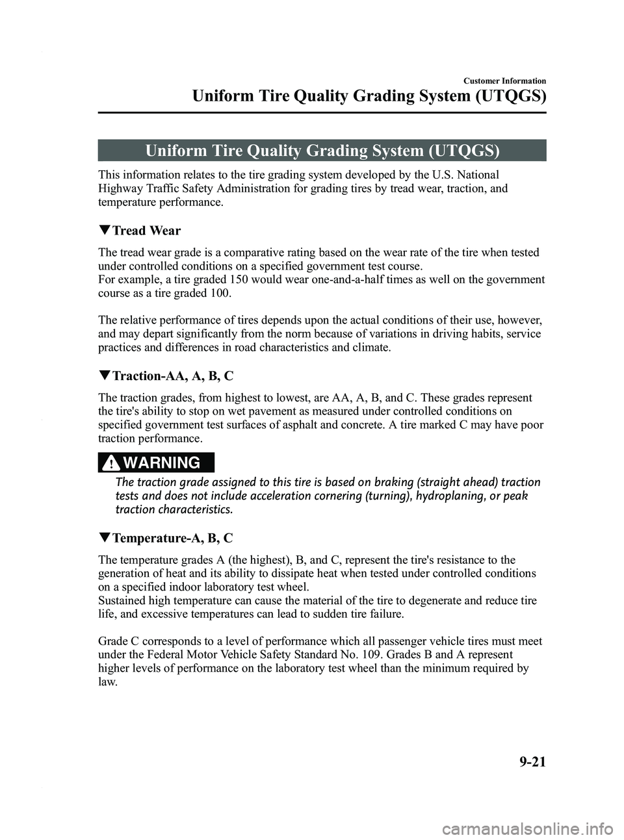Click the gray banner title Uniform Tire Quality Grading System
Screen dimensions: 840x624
(322, 151)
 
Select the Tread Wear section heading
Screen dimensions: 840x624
(146, 231)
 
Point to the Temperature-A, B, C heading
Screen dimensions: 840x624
(172, 539)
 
